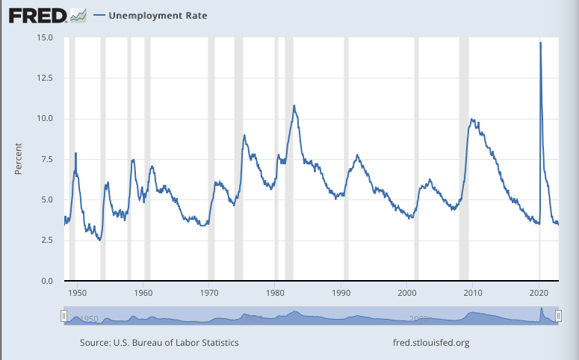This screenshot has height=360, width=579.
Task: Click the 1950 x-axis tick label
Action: (x=78, y=293)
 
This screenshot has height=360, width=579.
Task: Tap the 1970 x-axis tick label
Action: (x=210, y=293)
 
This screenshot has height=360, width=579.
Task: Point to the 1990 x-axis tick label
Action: (x=342, y=293)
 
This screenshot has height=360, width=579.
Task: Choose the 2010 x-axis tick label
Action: (x=474, y=293)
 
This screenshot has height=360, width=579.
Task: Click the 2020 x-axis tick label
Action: (x=540, y=293)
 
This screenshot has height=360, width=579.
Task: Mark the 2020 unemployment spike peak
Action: (x=540, y=43)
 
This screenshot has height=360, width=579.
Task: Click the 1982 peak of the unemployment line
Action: (x=294, y=106)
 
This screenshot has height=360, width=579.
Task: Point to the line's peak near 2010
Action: (x=471, y=119)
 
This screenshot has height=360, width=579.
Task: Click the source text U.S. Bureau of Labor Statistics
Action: (x=159, y=343)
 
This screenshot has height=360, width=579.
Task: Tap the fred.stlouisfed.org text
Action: (x=431, y=343)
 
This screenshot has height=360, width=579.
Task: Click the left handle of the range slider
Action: (x=64, y=316)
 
